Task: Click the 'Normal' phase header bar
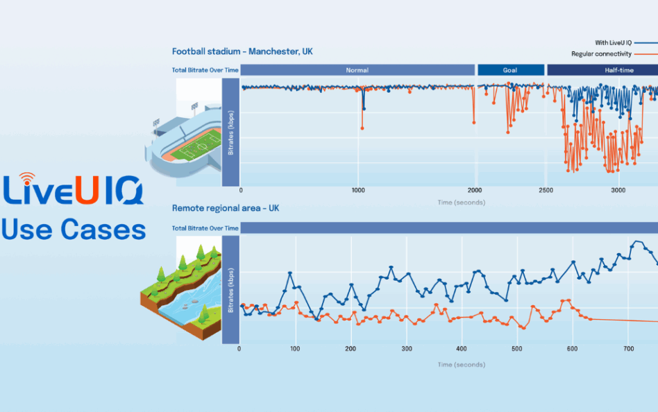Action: point(357,70)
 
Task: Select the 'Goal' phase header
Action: point(511,70)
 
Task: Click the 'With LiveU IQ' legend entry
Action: point(612,42)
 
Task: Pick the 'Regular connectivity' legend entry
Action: point(601,53)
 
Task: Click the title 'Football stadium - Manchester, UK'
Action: point(242,51)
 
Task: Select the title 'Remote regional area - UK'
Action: point(226,207)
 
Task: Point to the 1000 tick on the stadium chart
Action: point(358,190)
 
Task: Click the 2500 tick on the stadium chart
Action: point(546,190)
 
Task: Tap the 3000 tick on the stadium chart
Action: point(618,190)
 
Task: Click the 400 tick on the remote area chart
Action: point(462,349)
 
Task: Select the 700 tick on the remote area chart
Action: point(627,349)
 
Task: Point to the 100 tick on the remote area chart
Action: point(296,349)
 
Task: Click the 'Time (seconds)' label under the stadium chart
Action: point(461,203)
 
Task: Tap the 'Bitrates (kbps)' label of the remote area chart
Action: point(230,291)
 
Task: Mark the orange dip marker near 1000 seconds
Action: point(362,128)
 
